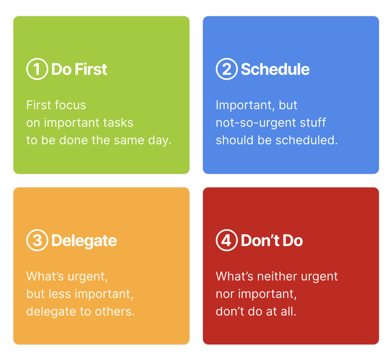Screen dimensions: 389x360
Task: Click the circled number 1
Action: coord(37,69)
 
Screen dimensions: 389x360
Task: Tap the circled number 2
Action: coord(226,69)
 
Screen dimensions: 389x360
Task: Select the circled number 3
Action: coord(37,240)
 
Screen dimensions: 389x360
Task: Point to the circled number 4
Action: coord(226,240)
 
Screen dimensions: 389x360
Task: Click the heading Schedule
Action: coord(275,69)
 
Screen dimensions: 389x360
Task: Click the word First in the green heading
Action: coord(91,69)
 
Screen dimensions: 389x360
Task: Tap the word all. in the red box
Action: coord(289,311)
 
